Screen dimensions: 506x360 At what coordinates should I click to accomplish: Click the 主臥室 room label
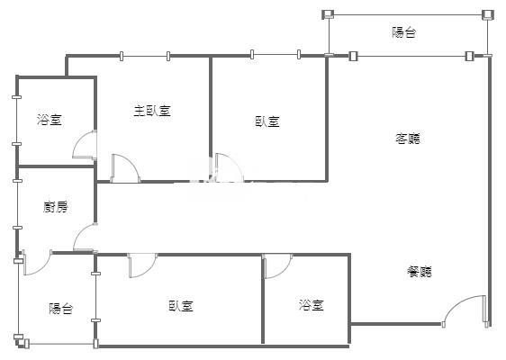click(152, 111)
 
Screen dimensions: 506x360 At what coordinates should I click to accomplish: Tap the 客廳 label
click(408, 139)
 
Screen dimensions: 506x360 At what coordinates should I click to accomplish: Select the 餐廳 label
click(420, 272)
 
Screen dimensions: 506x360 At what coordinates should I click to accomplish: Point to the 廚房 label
click(56, 207)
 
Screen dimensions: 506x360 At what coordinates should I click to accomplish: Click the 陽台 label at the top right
click(404, 32)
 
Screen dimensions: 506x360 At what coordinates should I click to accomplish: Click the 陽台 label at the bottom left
click(61, 309)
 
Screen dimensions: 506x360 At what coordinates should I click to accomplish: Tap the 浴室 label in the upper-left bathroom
click(50, 120)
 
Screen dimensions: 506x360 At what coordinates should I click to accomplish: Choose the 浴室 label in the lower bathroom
click(312, 304)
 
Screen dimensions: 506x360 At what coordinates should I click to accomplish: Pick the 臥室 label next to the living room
click(267, 121)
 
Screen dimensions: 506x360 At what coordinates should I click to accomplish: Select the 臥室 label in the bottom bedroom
click(181, 306)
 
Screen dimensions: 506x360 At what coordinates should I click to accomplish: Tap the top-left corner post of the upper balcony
click(329, 14)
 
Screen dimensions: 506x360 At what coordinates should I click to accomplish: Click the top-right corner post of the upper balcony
click(488, 14)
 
